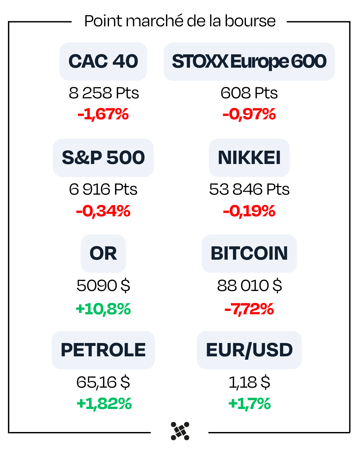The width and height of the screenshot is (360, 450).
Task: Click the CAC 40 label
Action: tap(103, 61)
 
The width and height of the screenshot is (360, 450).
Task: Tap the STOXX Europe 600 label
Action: tap(249, 61)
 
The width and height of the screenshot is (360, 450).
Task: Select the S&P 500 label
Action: tap(103, 158)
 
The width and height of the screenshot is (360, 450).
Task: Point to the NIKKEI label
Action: tap(249, 158)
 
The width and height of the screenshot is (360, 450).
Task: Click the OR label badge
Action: tap(103, 253)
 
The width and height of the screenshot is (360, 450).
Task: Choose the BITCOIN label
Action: tap(249, 253)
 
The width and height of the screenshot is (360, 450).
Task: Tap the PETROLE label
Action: tap(103, 350)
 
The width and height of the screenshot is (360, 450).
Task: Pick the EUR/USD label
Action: tap(249, 350)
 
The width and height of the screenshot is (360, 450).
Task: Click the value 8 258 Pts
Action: tap(104, 93)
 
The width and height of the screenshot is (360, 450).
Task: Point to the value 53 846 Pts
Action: tap(249, 189)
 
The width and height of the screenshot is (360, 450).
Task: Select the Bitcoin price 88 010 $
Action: tap(249, 286)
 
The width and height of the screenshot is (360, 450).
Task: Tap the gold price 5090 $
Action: tap(103, 286)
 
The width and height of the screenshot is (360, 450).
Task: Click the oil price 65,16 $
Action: tap(103, 382)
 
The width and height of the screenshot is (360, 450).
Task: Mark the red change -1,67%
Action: tap(103, 114)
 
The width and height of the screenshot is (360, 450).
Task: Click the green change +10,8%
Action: tap(103, 309)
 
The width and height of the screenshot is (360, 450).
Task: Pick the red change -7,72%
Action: tap(249, 309)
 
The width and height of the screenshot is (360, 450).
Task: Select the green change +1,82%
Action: tap(104, 404)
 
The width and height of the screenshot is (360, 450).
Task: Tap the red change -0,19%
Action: tap(249, 211)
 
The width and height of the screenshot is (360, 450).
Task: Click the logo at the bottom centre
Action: tap(180, 431)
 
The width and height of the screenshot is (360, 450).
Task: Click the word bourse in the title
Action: tap(250, 21)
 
